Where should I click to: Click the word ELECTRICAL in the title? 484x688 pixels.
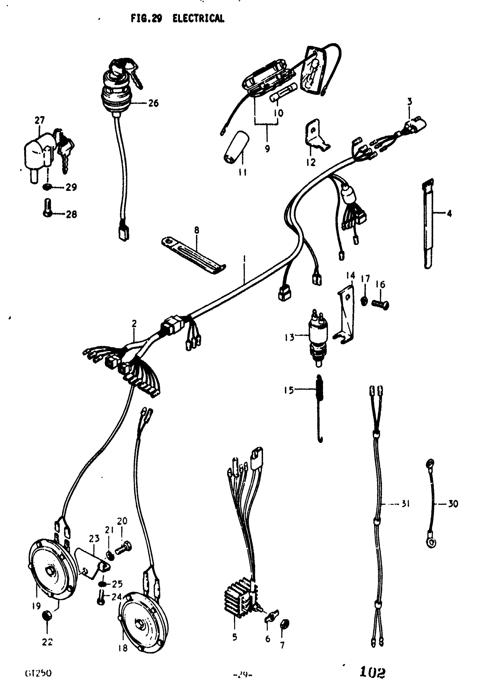pyautogui.click(x=198, y=19)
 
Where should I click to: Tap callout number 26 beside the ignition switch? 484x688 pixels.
pyautogui.click(x=153, y=103)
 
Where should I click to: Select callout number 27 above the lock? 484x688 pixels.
pyautogui.click(x=40, y=120)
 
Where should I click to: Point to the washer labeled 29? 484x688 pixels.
pyautogui.click(x=47, y=187)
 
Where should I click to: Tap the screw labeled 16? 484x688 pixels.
pyautogui.click(x=380, y=304)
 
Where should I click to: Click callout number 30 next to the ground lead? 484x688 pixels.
pyautogui.click(x=453, y=504)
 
